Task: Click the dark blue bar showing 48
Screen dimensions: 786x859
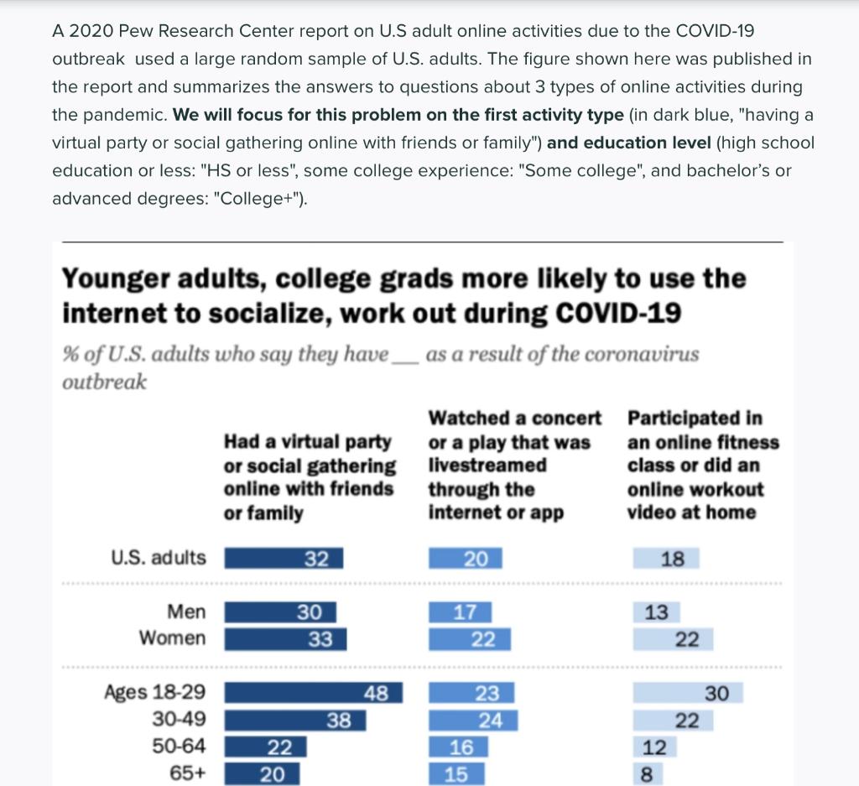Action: pos(313,693)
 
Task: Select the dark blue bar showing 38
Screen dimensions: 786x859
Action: pos(294,720)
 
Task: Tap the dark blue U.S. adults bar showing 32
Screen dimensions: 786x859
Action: pos(284,559)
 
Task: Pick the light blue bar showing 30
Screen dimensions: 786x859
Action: pos(681,693)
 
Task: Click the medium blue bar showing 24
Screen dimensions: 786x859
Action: pos(472,720)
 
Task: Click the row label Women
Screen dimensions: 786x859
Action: pos(172,638)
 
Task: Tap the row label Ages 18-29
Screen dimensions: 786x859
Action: pos(154,693)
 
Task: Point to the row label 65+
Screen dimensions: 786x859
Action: pos(187,773)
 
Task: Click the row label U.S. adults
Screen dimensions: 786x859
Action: pos(158,558)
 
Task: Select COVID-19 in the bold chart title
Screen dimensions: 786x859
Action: pos(617,313)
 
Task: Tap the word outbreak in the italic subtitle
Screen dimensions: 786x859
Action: pos(104,382)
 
